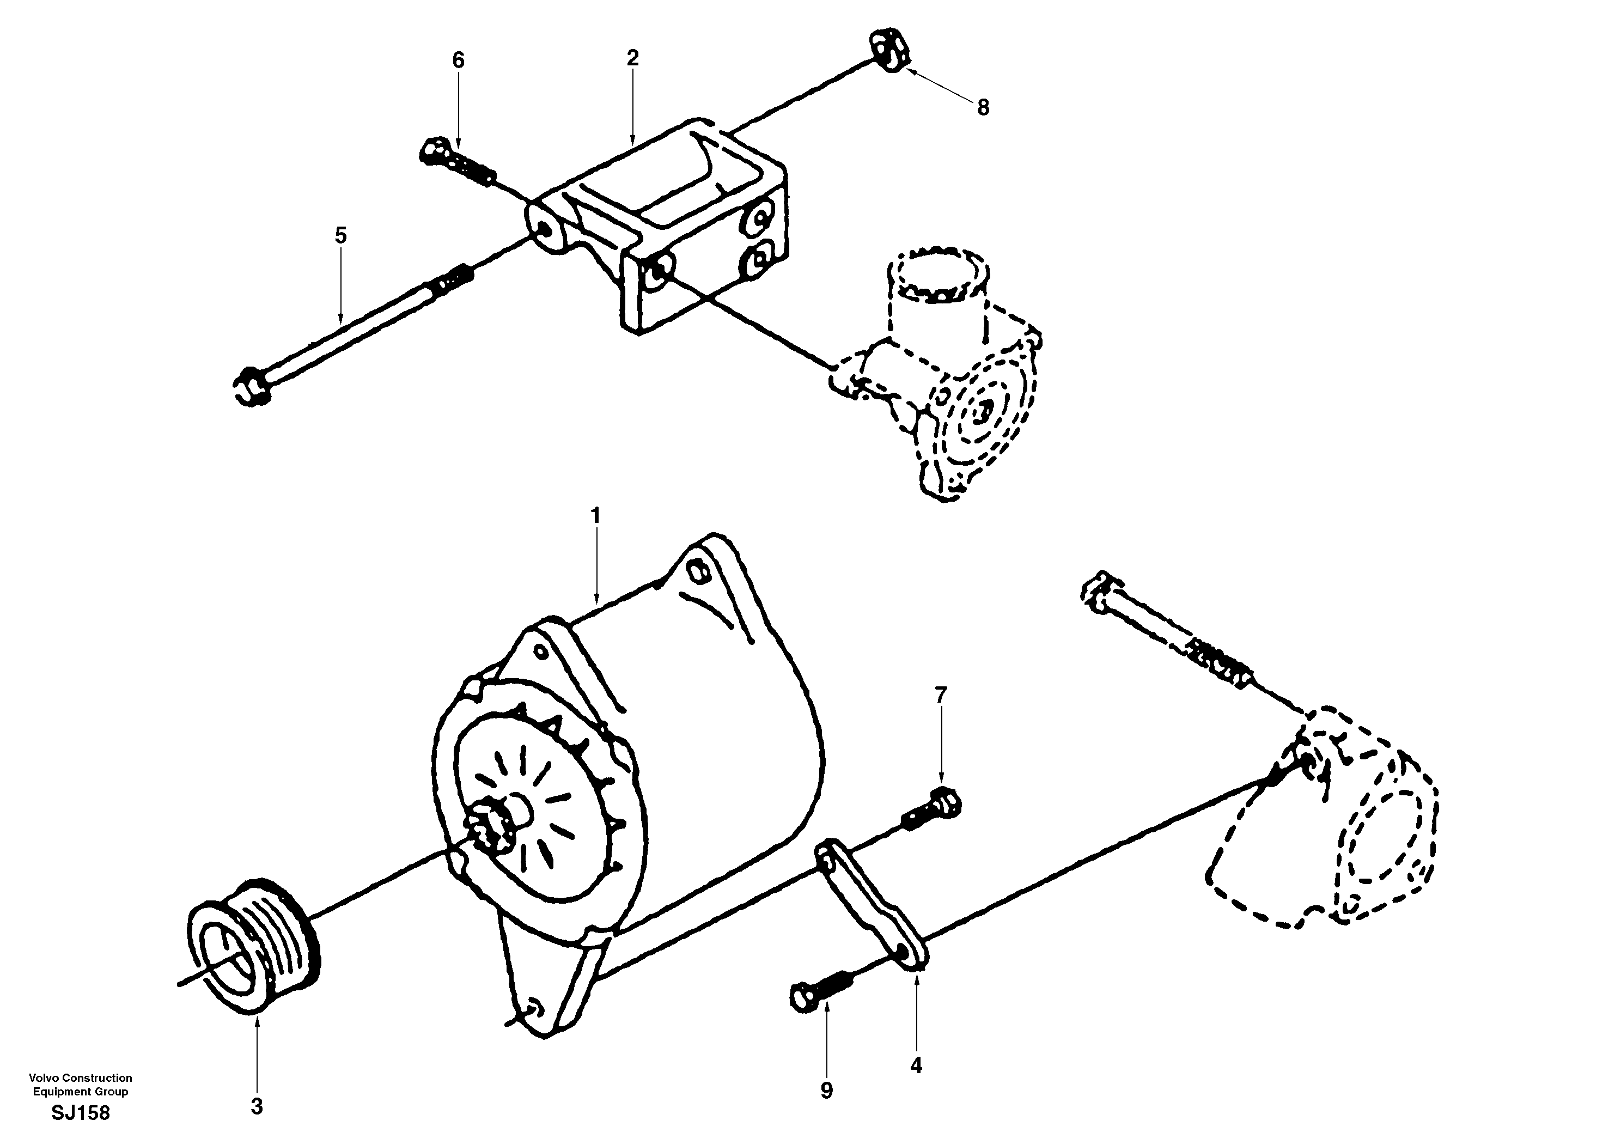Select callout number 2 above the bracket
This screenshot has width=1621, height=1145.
pos(632,58)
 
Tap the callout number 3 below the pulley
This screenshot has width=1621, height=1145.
pos(257,1107)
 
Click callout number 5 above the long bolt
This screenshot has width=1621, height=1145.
pos(341,235)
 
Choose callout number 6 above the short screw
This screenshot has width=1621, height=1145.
pos(458,60)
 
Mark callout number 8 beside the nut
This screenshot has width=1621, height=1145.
pos(983,107)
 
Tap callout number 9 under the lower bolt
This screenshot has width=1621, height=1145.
pos(827,1091)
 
